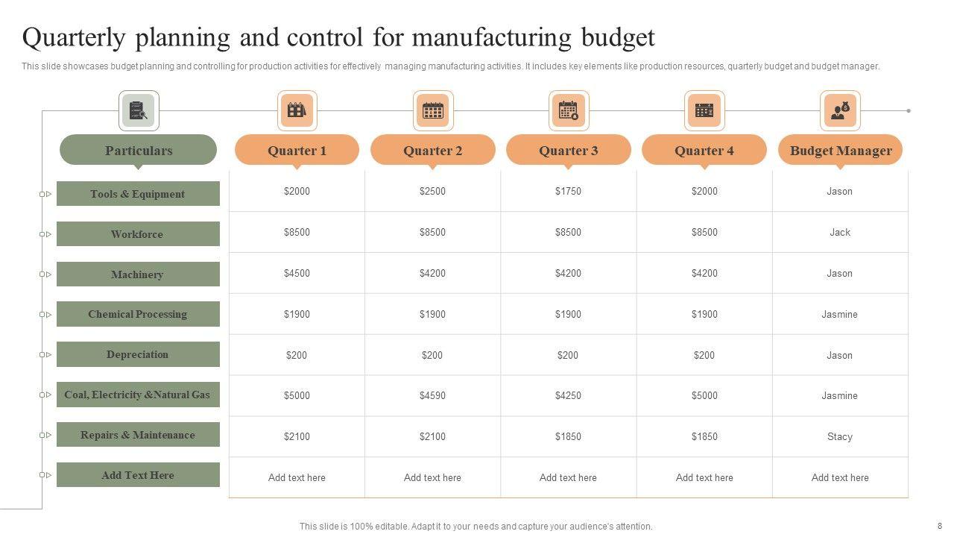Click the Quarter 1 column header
[x=297, y=150]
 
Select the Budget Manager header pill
[x=840, y=150]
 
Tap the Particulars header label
[x=139, y=150]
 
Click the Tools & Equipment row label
[x=138, y=194]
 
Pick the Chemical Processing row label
[x=138, y=314]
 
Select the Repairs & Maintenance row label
[x=138, y=435]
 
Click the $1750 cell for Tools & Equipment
[x=568, y=192]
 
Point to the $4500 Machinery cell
[x=297, y=273]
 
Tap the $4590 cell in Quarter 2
[x=432, y=396]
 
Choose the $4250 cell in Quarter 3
[x=568, y=396]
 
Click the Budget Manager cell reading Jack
[x=840, y=232]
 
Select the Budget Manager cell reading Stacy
[x=840, y=437]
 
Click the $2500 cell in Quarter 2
[x=432, y=192]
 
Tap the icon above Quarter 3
[x=569, y=110]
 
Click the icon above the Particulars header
[x=139, y=110]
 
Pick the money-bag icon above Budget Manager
[x=840, y=110]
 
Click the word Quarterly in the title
[x=76, y=37]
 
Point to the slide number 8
[x=940, y=526]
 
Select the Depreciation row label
[x=138, y=354]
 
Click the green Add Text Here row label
[x=138, y=475]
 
